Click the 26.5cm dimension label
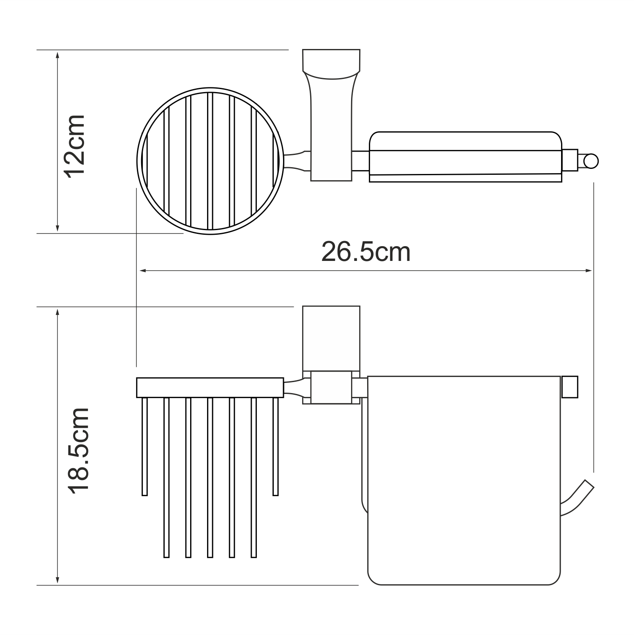[x=365, y=252]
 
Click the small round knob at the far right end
[x=590, y=161]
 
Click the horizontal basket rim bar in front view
[x=210, y=388]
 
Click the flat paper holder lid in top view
[x=465, y=157]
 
